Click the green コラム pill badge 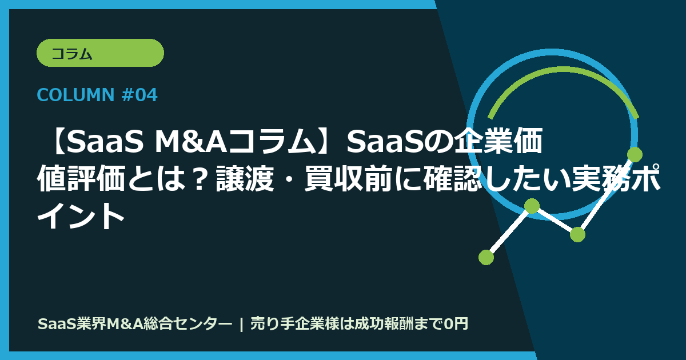coord(100,53)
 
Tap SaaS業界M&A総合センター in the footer coord(135,324)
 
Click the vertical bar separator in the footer coord(242,324)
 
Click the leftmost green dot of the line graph coord(486,257)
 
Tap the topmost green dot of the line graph coord(635,154)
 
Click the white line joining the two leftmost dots coord(509,231)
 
